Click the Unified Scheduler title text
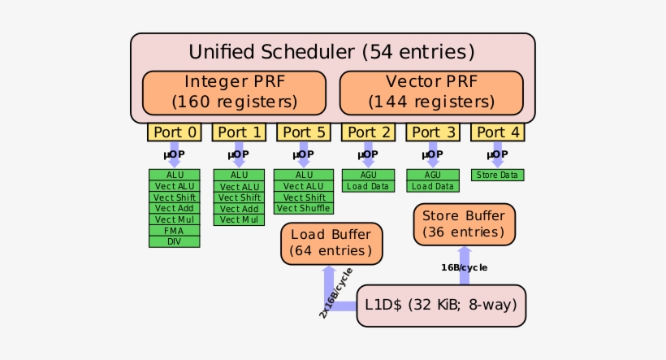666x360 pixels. click(x=331, y=52)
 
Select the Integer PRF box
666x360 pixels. click(x=234, y=93)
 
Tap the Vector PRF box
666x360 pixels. click(x=430, y=93)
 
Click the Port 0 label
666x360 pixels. click(x=174, y=132)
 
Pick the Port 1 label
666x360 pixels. click(x=239, y=132)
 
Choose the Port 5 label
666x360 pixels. click(x=304, y=132)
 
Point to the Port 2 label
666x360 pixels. click(x=368, y=132)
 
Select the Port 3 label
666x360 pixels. click(x=433, y=132)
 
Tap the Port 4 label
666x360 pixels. click(x=497, y=132)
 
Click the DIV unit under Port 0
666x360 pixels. click(x=174, y=241)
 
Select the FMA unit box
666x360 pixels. click(x=174, y=231)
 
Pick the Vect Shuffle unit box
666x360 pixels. click(x=304, y=208)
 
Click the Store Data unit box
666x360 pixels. click(x=497, y=175)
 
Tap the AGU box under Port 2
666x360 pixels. click(x=368, y=175)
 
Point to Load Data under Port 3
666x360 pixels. click(x=433, y=186)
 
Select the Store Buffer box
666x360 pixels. click(x=464, y=224)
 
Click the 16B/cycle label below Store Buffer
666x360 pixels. click(x=464, y=267)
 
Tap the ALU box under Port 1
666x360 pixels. click(x=239, y=175)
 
